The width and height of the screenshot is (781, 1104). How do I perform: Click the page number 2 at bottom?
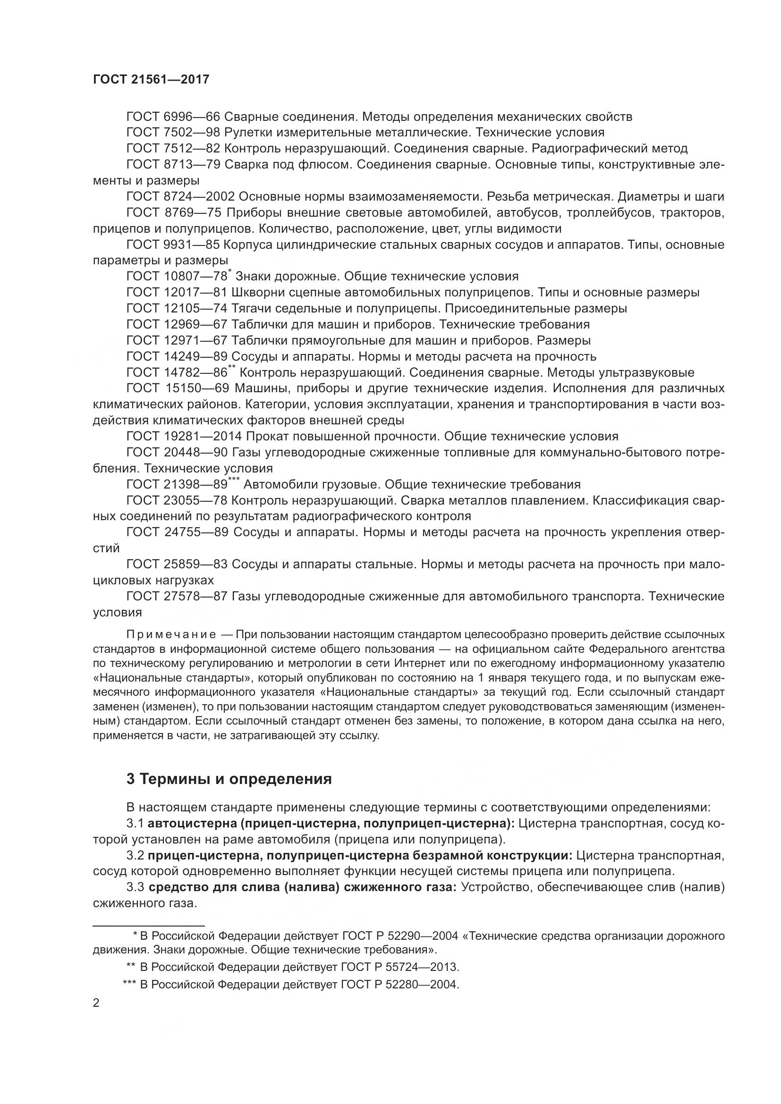click(x=96, y=1003)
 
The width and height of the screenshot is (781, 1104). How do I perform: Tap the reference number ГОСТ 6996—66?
click(x=173, y=117)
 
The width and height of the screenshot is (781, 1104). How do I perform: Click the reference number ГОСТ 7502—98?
click(x=173, y=132)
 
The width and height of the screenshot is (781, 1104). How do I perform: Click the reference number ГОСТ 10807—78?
click(x=177, y=277)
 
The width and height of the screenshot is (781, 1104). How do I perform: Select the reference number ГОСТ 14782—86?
click(x=177, y=373)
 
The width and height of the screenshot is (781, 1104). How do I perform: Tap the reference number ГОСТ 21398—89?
click(x=177, y=485)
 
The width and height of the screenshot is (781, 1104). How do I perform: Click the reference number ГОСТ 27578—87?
click(x=177, y=597)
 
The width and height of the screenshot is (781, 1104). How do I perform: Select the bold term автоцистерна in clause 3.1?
click(x=192, y=823)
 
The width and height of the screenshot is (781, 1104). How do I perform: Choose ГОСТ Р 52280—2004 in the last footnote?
click(x=399, y=985)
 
